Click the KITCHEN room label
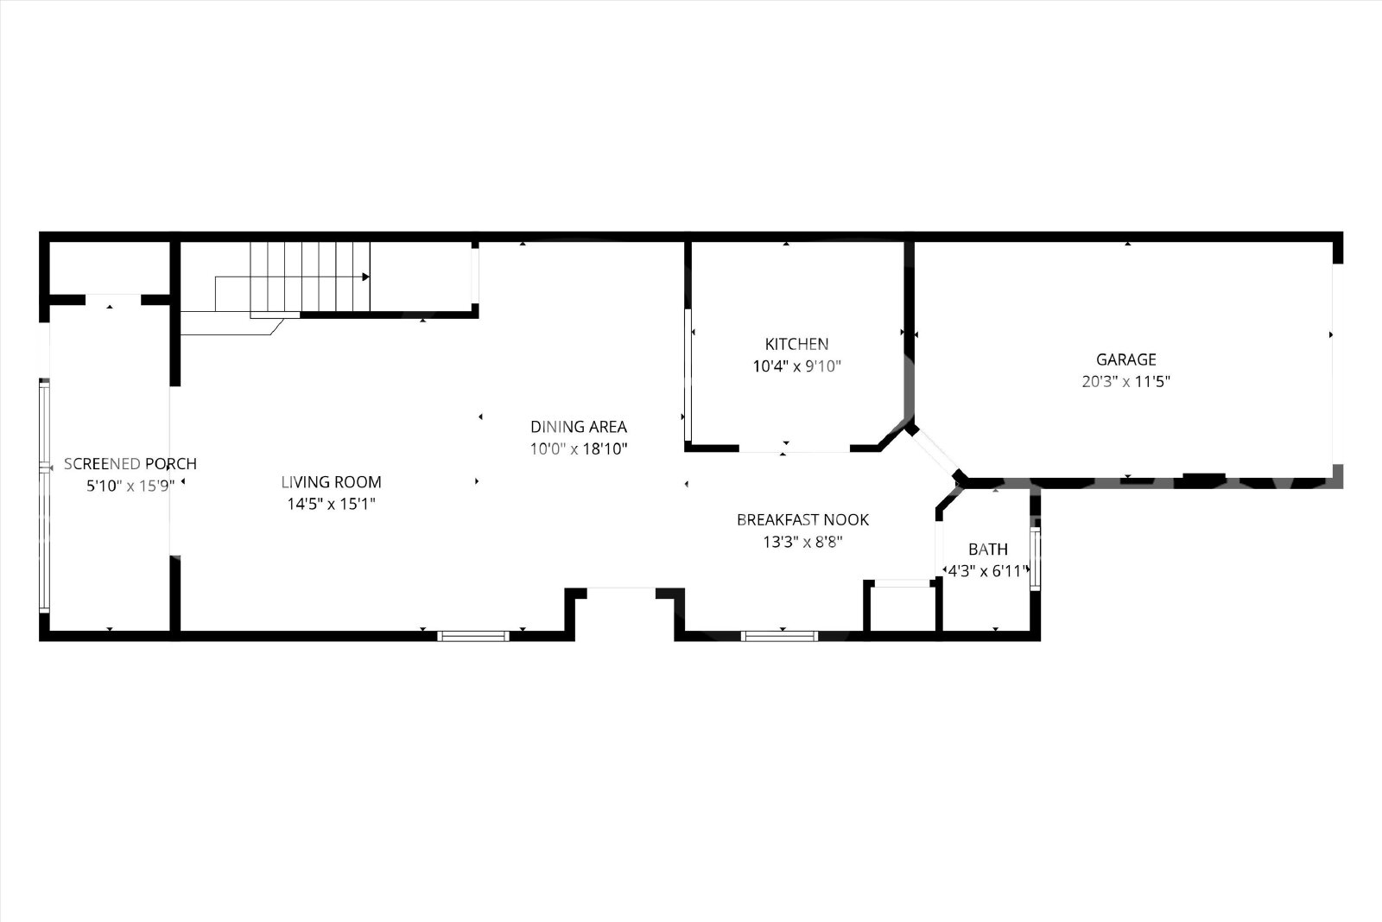pos(796,344)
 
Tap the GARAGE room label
pos(1126,359)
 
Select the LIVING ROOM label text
pos(332,482)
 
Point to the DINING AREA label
pos(579,427)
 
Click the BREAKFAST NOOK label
pos(802,519)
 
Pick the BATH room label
pos(988,550)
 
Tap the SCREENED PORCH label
pos(130,463)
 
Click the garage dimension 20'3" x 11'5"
pos(1126,381)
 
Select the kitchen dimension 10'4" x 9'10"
pos(796,366)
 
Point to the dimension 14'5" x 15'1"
pos(332,504)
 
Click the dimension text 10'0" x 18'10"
pos(579,448)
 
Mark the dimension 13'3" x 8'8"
pos(802,542)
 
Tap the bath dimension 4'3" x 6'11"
pos(988,571)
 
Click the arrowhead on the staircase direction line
pos(366,277)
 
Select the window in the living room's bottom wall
pos(473,636)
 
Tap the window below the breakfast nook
pos(779,636)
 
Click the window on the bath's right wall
pos(1036,558)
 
